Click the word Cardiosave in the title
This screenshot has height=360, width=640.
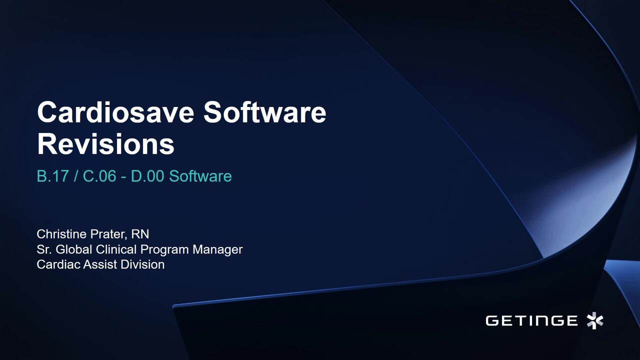[x=115, y=112]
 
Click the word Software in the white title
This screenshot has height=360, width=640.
[x=265, y=112]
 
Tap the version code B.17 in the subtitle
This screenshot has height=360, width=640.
[x=53, y=176]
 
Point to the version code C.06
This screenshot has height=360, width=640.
[x=99, y=176]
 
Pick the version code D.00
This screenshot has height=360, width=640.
[x=147, y=176]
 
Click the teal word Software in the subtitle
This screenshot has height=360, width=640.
[x=200, y=176]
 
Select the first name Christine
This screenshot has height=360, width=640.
[x=61, y=234]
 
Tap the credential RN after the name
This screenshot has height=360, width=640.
[x=140, y=234]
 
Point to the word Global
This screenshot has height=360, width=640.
[x=74, y=249]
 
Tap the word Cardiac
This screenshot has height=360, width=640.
[x=58, y=264]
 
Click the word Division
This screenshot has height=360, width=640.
[x=142, y=264]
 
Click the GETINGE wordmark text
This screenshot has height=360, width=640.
[x=531, y=320]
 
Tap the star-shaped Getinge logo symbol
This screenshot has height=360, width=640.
[x=595, y=320]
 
